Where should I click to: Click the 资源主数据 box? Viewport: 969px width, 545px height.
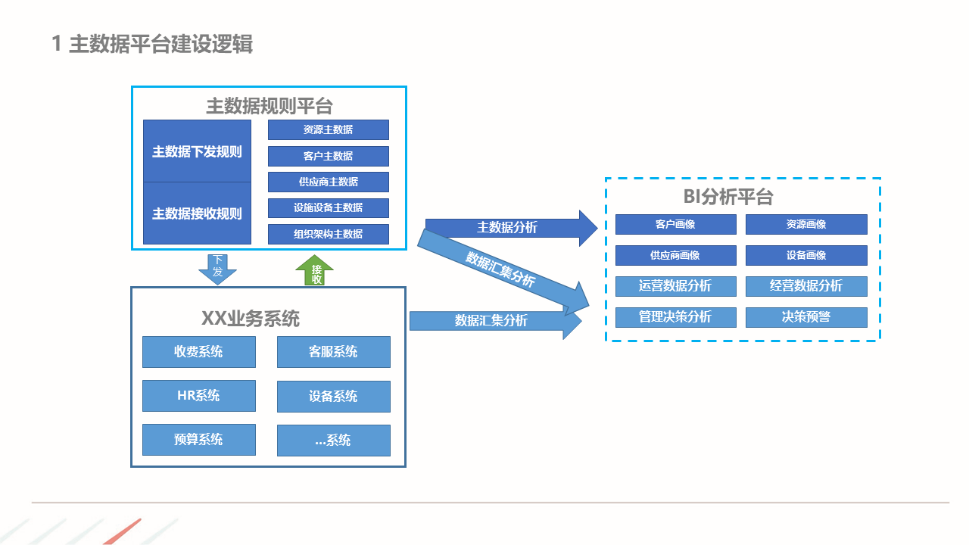tap(328, 129)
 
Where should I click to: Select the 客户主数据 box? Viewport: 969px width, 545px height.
tap(328, 156)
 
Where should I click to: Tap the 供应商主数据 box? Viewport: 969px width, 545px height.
tap(328, 182)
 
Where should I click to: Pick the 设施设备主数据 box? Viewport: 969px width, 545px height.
tap(328, 207)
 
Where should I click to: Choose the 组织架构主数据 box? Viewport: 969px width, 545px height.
tap(328, 234)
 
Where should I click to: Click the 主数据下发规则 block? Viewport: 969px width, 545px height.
tap(197, 151)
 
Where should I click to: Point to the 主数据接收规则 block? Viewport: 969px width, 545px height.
tap(197, 213)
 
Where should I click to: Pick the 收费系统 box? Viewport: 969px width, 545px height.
tap(198, 352)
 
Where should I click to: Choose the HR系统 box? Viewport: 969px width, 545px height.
tap(198, 395)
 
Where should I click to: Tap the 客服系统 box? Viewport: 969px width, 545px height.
tap(333, 352)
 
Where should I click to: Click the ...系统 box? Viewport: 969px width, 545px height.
tap(333, 440)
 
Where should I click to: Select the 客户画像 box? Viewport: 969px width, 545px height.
tap(675, 224)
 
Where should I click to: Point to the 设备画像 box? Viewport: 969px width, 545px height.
tap(806, 255)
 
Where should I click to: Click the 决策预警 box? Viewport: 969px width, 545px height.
tap(806, 317)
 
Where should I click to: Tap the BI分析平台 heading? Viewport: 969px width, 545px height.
tap(728, 198)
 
